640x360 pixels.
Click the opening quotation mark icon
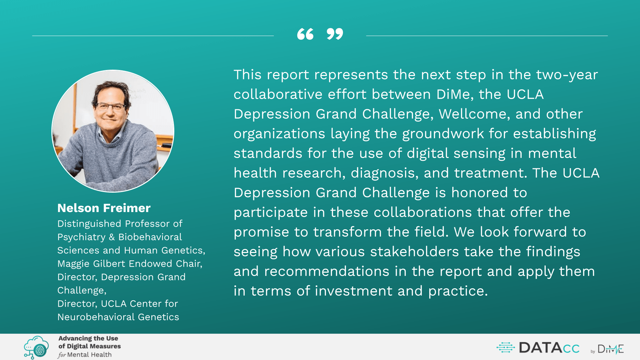(x=305, y=34)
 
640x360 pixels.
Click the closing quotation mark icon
(x=335, y=34)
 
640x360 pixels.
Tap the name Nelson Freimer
(x=104, y=208)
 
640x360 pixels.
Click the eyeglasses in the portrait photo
(x=110, y=107)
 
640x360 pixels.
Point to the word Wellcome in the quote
(x=474, y=114)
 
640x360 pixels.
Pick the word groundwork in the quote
(x=443, y=134)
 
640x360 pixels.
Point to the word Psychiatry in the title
(x=81, y=237)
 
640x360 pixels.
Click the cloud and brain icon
(x=36, y=347)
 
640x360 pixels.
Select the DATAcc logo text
(x=549, y=348)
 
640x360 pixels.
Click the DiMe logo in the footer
(x=610, y=349)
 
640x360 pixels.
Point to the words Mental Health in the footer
(x=89, y=355)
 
